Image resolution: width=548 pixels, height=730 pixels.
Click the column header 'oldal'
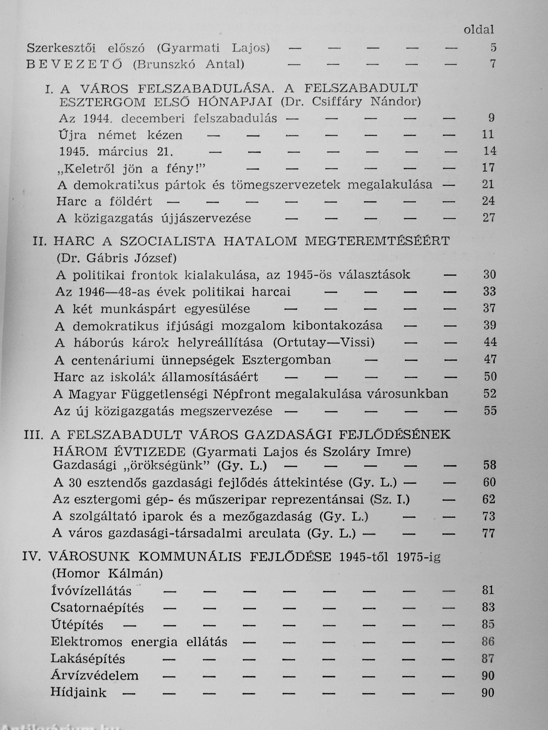479,30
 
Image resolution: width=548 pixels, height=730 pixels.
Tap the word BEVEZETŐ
74,64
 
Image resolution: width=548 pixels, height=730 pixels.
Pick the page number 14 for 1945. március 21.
489,151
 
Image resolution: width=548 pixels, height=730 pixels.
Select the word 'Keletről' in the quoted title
86,169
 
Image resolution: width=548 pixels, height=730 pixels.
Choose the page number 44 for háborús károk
490,342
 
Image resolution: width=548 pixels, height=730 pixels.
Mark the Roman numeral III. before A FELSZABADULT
34,435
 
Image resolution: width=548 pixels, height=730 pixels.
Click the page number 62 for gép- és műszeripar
489,499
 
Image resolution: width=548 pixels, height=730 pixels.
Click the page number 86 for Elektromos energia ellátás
488,642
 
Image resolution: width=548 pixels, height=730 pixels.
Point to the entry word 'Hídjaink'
78,692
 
